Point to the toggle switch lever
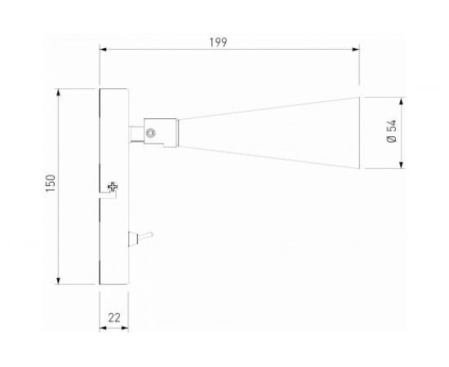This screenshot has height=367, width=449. pyautogui.click(x=145, y=237)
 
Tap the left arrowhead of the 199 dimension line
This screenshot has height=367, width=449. pyautogui.click(x=103, y=49)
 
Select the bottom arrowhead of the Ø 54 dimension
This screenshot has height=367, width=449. pyautogui.click(x=401, y=166)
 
